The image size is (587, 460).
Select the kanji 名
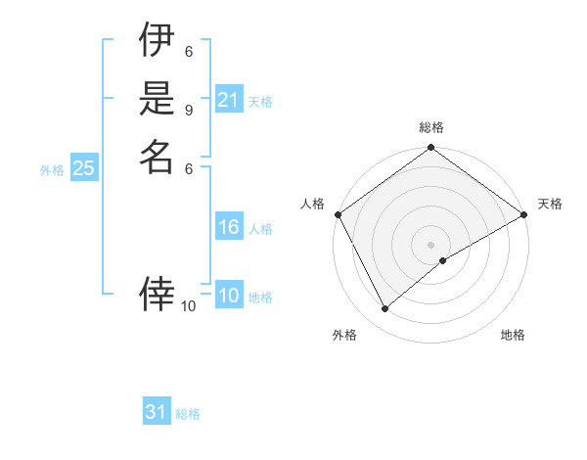click(x=157, y=156)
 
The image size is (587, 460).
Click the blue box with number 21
click(x=229, y=100)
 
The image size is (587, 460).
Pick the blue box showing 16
click(x=229, y=227)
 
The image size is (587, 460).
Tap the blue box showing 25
click(x=84, y=168)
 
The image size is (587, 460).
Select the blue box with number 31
click(x=157, y=412)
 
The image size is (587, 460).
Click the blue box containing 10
click(x=229, y=296)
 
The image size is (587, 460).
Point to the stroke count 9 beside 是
click(x=189, y=110)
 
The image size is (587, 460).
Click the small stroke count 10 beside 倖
click(x=189, y=306)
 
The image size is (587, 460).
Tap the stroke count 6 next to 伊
click(x=189, y=51)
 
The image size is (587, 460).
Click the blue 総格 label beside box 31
click(x=188, y=414)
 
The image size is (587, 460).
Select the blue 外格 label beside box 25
click(x=52, y=169)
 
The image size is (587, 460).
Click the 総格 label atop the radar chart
click(x=431, y=127)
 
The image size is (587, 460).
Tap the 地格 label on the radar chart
click(x=513, y=335)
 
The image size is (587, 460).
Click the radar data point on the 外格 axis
click(x=385, y=309)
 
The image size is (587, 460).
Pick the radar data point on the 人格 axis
click(x=338, y=214)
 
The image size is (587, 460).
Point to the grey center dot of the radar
click(x=431, y=245)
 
